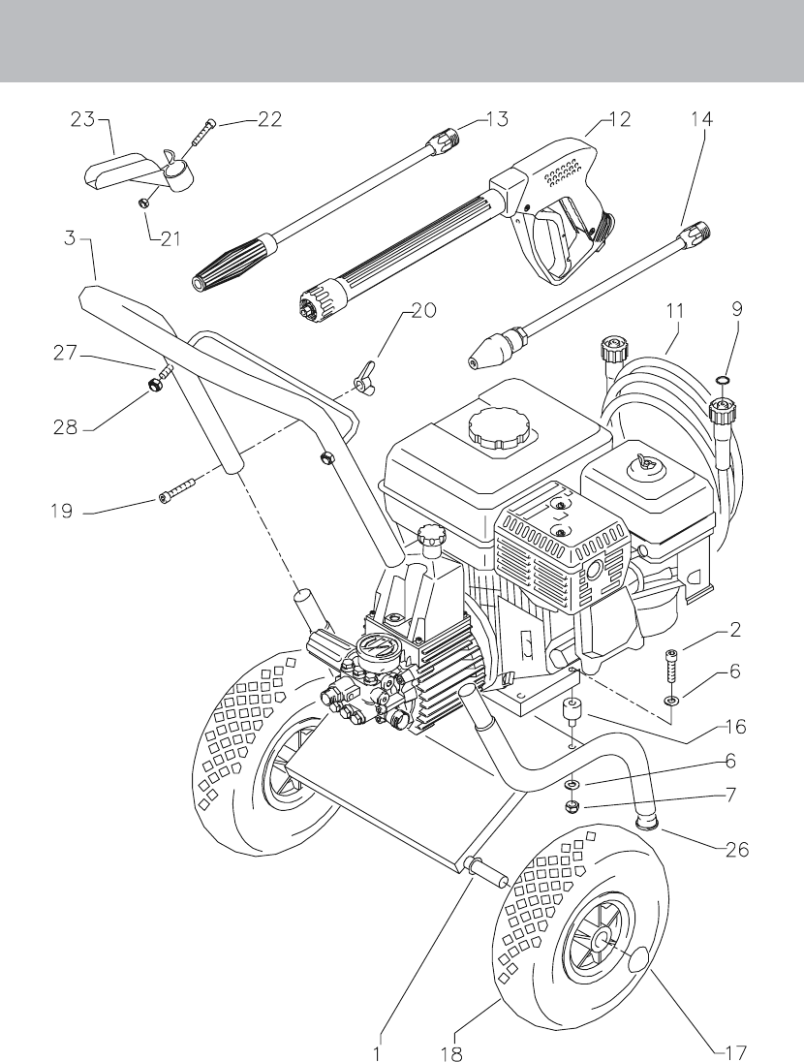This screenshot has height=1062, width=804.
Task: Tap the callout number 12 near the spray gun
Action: click(x=618, y=119)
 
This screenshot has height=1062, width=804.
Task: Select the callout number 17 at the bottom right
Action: click(x=734, y=1052)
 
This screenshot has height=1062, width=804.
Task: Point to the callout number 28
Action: click(x=65, y=428)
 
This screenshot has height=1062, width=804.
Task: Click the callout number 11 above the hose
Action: click(x=674, y=311)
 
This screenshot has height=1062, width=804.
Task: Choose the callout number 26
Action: click(x=736, y=849)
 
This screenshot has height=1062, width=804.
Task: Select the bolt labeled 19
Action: click(x=178, y=490)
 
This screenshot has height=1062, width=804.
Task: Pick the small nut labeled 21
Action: click(x=143, y=203)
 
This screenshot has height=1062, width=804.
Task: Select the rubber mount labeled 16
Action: click(x=574, y=710)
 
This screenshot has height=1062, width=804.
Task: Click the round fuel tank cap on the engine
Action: click(x=499, y=426)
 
